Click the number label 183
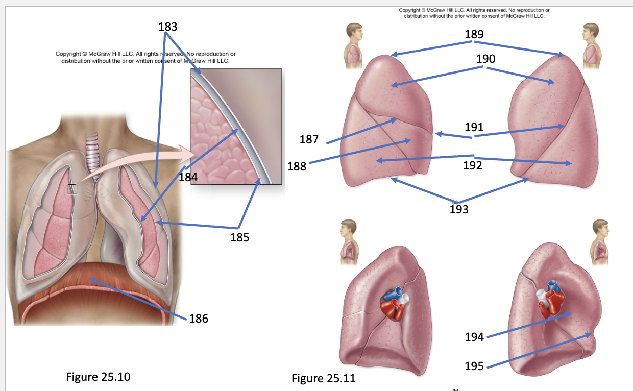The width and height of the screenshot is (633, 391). click(x=168, y=27)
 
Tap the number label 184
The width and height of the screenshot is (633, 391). click(x=188, y=178)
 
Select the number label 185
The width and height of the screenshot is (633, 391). click(x=239, y=237)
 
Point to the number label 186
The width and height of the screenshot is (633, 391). click(x=199, y=319)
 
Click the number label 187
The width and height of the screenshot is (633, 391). click(x=309, y=139)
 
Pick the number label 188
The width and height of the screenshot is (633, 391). click(x=297, y=167)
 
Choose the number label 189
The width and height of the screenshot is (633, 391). click(x=474, y=35)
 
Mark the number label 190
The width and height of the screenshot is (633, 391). click(x=486, y=59)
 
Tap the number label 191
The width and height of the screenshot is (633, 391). click(x=474, y=128)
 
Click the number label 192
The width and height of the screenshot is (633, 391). click(x=473, y=165)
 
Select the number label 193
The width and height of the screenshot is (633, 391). click(x=459, y=210)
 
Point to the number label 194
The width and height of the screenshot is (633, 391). click(x=474, y=337)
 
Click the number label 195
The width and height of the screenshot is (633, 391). click(x=474, y=366)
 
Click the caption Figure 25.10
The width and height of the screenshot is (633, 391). click(x=98, y=377)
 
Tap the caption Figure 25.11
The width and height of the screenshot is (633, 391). click(x=324, y=379)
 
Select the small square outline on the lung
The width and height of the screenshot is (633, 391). click(x=72, y=189)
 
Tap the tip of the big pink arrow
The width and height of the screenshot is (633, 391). click(x=194, y=155)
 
